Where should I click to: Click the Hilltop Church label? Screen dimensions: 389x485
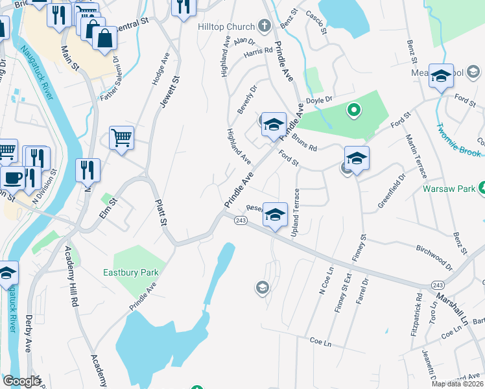[x=225, y=27]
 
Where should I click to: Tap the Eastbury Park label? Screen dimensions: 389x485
[x=131, y=273]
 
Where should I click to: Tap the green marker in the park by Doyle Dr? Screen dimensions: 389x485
[x=353, y=112]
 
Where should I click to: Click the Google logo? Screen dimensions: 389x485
[x=21, y=381]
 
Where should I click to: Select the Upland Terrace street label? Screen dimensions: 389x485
[x=297, y=212]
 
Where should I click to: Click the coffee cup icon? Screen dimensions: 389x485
[x=12, y=178]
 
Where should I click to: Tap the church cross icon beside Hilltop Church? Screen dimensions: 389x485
[x=264, y=27]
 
